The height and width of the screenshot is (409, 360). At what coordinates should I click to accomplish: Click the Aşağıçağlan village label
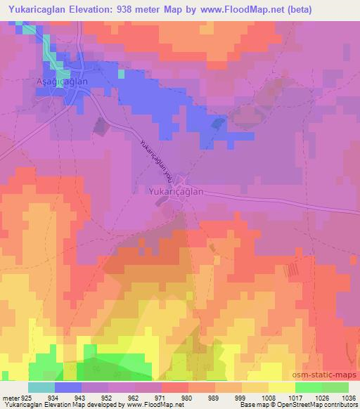61,82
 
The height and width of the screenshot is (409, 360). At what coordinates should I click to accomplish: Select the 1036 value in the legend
349,398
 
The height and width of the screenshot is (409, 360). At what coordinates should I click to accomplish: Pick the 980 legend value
187,398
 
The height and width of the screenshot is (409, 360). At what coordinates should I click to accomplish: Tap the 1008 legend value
268,398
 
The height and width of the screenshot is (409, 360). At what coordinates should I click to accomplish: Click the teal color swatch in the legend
41,388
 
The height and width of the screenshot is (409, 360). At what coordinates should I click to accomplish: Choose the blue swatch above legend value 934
67,388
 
